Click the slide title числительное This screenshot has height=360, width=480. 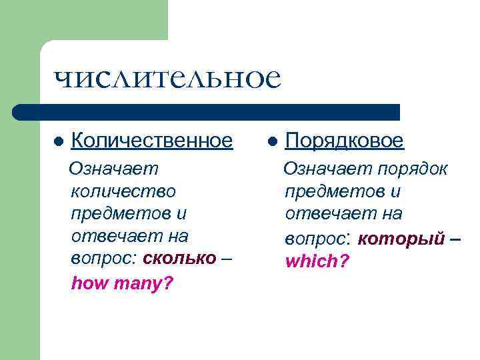(x=167, y=79)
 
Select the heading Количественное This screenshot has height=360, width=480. (x=151, y=141)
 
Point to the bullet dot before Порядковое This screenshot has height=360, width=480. (x=273, y=142)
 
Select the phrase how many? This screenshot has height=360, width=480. (x=122, y=284)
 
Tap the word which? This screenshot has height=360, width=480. (x=317, y=261)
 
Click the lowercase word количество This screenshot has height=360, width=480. (x=123, y=191)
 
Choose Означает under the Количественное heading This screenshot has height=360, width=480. (x=115, y=169)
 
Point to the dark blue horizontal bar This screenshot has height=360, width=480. (x=207, y=112)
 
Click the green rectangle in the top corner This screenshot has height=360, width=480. (x=84, y=20)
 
